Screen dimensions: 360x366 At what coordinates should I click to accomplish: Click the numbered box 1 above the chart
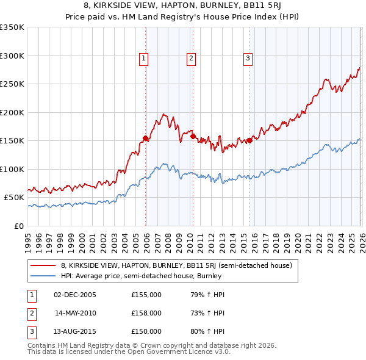click(143, 59)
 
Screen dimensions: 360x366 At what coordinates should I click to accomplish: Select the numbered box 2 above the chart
click(191, 59)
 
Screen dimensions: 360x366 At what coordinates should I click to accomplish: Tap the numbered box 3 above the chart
click(248, 59)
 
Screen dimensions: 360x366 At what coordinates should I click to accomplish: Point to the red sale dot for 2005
click(146, 138)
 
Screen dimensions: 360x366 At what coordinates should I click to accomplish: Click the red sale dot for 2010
click(193, 137)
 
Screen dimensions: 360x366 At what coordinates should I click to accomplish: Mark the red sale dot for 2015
click(249, 141)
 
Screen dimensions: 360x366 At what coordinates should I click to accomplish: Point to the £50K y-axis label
click(14, 198)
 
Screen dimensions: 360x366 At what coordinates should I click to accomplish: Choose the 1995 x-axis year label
click(28, 239)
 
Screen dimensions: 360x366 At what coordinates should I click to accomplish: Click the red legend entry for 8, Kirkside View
click(177, 265)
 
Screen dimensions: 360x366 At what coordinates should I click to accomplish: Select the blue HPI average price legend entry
click(141, 276)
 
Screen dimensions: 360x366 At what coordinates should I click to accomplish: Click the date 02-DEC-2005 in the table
click(75, 295)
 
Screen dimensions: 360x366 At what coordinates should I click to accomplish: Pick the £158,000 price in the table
click(146, 313)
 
